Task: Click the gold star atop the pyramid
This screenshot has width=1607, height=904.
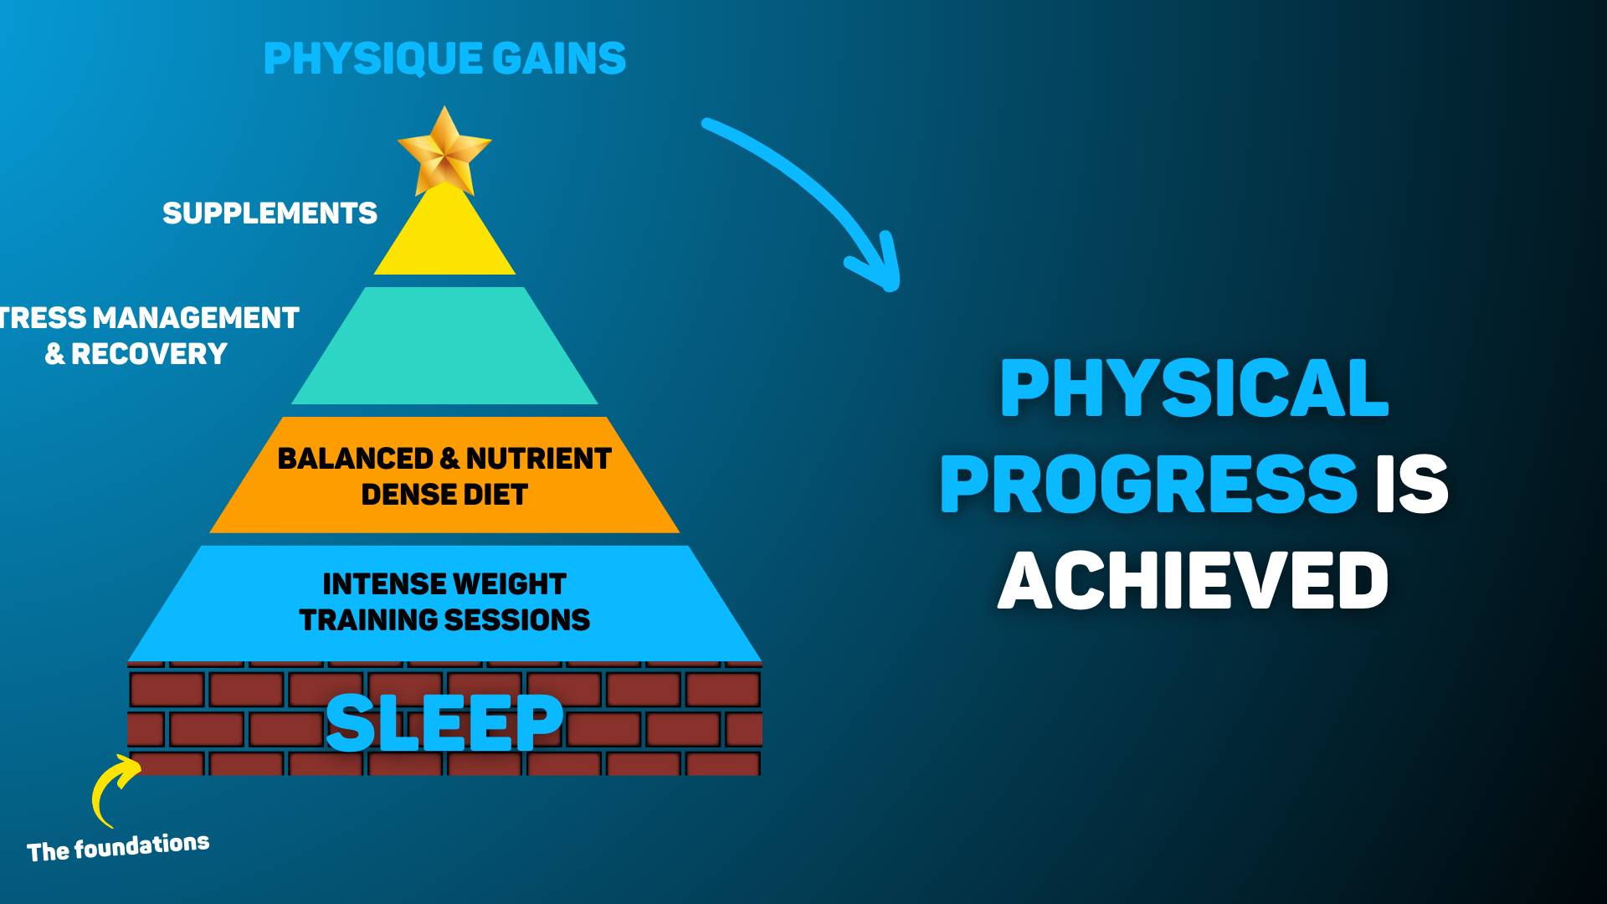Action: pos(444,151)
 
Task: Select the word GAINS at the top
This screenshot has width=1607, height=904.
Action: pos(559,59)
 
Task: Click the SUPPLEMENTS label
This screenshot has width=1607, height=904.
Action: pos(270,213)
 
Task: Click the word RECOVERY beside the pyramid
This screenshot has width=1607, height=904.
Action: pos(149,354)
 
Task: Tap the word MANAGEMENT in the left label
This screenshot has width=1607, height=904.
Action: pos(196,318)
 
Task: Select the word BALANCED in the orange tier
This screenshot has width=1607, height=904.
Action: pos(355,459)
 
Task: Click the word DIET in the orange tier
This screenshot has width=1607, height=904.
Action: pos(494,495)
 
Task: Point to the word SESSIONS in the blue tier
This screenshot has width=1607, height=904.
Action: pos(517,620)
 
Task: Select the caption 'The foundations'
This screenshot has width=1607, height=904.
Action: pos(118,848)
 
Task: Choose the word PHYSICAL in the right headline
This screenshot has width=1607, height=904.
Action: pos(1194,388)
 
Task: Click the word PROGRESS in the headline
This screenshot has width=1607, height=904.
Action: pos(1148,484)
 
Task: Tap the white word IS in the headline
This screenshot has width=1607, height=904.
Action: pos(1412,484)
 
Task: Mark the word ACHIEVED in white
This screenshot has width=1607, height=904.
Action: pos(1194,581)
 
